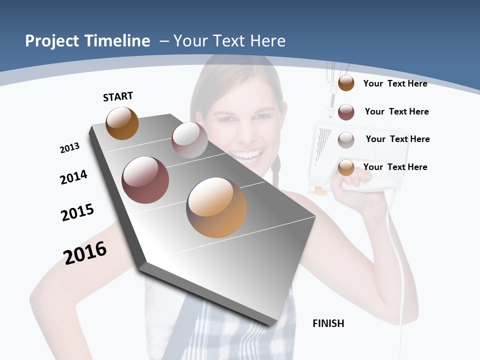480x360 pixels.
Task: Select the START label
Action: (x=118, y=96)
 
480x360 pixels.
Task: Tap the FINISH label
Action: (x=328, y=323)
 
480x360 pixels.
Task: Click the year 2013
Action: (x=69, y=148)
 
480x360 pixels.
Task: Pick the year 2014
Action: (x=73, y=177)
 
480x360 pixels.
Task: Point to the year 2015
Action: (x=77, y=212)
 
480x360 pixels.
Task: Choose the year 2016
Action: (x=85, y=252)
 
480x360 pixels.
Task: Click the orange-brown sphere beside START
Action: (x=122, y=123)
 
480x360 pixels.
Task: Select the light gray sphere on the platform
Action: (x=189, y=139)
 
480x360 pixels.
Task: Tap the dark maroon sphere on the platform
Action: (x=145, y=180)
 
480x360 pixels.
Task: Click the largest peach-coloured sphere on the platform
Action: (x=216, y=207)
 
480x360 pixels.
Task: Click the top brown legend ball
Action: (x=346, y=83)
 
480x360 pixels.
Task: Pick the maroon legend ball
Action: (x=346, y=112)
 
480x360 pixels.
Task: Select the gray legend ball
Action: (x=346, y=140)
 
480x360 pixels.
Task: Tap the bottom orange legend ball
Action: (x=346, y=167)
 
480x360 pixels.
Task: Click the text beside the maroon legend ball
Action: (x=396, y=111)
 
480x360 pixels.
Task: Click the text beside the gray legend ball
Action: (x=397, y=139)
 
